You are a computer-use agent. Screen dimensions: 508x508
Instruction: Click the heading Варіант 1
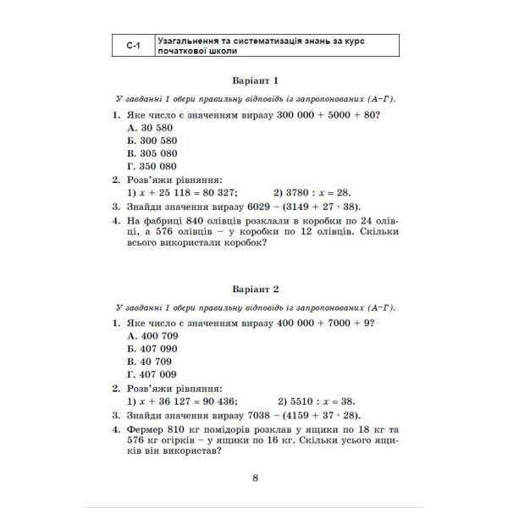pos(254,80)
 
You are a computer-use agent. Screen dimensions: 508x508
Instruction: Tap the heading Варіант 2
pos(254,288)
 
